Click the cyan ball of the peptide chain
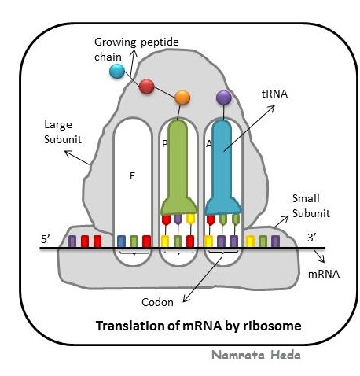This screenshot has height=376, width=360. point(117,72)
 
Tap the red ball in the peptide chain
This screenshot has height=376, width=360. point(146,87)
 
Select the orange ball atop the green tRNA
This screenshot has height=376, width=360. point(182,98)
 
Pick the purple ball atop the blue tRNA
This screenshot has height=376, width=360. point(224,98)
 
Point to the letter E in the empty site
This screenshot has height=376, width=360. point(132,177)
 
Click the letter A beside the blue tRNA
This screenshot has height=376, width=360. point(209,143)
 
